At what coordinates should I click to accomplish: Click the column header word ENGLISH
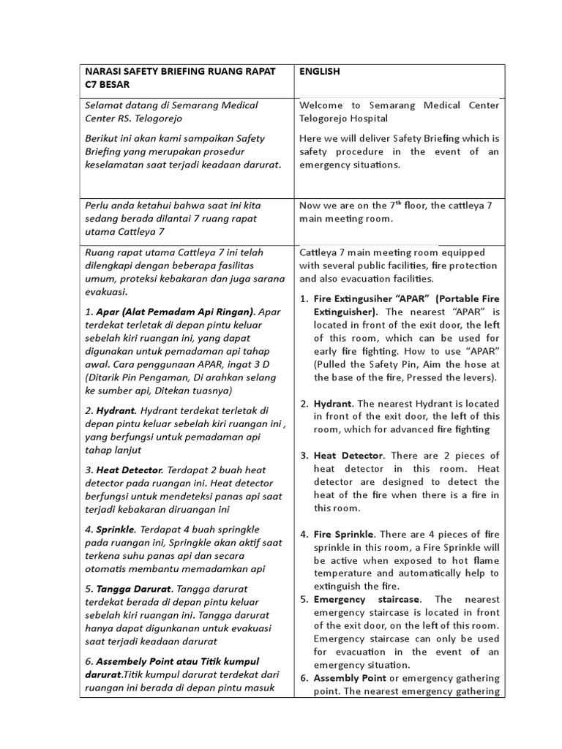tap(320, 72)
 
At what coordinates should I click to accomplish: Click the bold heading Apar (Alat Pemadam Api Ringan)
tap(176, 312)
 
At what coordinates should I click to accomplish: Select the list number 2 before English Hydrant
tap(304, 404)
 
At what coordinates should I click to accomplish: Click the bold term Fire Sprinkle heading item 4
tap(343, 534)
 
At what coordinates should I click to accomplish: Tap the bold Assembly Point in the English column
tap(348, 678)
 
